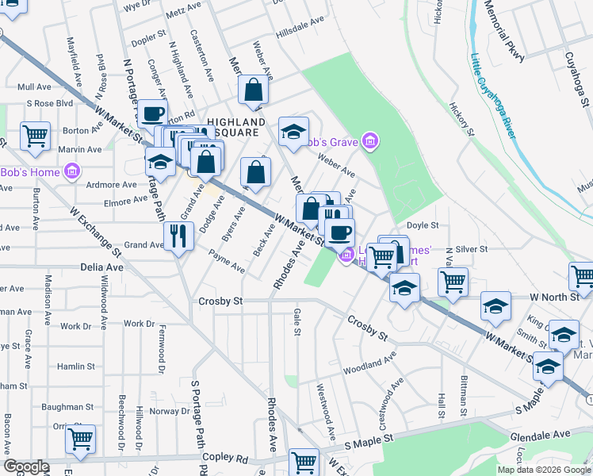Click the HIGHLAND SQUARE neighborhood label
[x=236, y=127]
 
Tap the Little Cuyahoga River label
[x=493, y=95]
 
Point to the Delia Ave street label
[x=101, y=268]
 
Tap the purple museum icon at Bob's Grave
[x=369, y=142]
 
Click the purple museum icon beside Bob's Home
[x=71, y=171]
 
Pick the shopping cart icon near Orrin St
[x=81, y=439]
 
